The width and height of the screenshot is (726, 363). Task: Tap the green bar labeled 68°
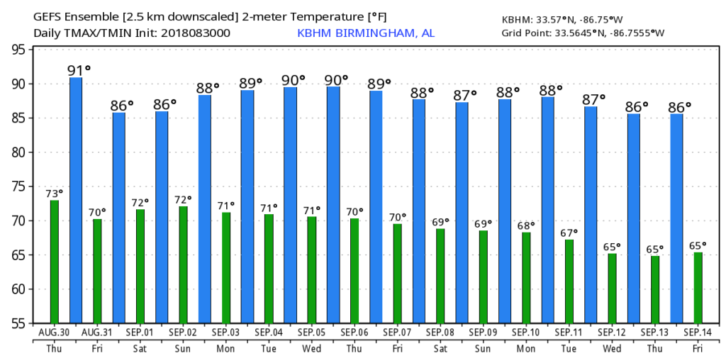pyautogui.click(x=526, y=277)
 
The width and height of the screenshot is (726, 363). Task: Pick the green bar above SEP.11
pyautogui.click(x=569, y=281)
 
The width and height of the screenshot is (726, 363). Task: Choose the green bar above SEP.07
pyautogui.click(x=398, y=273)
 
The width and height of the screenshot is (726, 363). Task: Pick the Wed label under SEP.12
pyautogui.click(x=612, y=348)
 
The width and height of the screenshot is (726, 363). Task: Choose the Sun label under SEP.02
pyautogui.click(x=183, y=348)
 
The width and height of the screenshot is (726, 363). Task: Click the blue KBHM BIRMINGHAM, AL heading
pyautogui.click(x=366, y=33)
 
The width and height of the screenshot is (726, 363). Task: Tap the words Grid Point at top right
pyautogui.click(x=520, y=33)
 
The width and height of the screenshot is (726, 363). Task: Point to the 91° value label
pyautogui.click(x=79, y=70)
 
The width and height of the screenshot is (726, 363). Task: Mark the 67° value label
pyautogui.click(x=569, y=233)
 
